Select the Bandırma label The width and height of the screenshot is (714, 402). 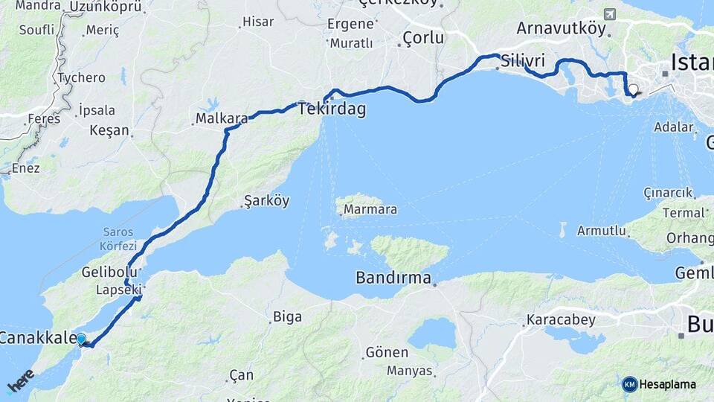(393, 278)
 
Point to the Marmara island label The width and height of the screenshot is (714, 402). (370, 210)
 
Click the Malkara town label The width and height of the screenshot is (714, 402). (222, 118)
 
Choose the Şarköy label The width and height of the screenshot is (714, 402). (266, 201)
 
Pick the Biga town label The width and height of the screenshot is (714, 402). (287, 317)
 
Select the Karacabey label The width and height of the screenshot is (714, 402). (561, 321)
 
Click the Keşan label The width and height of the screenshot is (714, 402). (109, 131)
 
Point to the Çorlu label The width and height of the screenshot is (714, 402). (423, 38)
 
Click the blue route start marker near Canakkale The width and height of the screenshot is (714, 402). (81, 339)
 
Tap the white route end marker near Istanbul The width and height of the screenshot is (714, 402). (633, 90)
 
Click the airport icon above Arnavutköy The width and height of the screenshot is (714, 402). (610, 14)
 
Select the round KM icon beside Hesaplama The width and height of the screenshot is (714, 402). (629, 384)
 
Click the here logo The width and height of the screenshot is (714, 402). (21, 381)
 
